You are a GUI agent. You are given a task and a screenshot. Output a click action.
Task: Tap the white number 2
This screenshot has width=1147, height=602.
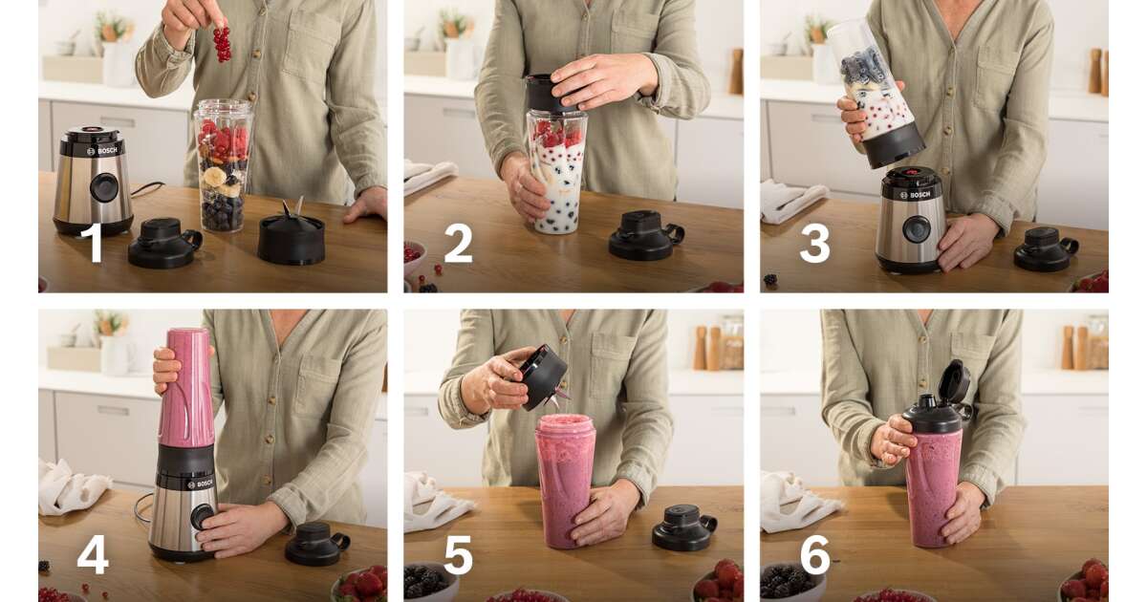[458, 244]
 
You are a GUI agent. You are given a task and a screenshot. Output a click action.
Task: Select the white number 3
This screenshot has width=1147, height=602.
[814, 245]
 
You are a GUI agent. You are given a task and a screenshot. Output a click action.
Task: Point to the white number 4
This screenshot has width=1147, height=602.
[93, 555]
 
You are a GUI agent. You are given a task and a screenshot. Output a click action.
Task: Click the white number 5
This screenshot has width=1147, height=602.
[458, 555]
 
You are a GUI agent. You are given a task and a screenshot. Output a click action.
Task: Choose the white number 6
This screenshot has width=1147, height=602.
[814, 555]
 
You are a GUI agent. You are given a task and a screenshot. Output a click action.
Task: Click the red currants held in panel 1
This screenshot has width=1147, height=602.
[222, 44]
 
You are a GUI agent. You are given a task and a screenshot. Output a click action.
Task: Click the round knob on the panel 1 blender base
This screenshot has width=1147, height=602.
[104, 187]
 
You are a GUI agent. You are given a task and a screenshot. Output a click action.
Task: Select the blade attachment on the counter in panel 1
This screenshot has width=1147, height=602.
[291, 235]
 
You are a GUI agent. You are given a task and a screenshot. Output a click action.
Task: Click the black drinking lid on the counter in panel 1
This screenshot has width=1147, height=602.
[164, 243]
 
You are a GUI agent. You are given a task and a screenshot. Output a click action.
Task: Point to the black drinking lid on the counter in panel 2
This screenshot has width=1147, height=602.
[645, 235]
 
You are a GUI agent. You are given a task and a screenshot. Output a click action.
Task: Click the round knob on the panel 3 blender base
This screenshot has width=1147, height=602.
[916, 229]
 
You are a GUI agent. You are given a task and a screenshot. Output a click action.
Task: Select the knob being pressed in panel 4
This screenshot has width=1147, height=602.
[203, 517]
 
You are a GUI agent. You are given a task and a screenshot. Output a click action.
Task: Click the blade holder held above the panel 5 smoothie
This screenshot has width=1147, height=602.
[543, 376]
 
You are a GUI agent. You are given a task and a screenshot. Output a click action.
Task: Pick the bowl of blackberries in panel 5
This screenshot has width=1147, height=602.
[430, 583]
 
